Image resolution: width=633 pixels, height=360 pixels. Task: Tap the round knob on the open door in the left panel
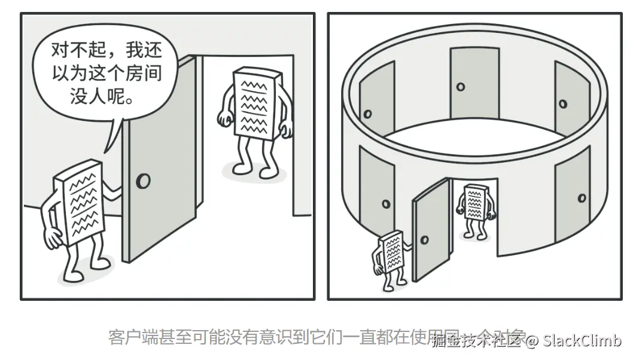(143, 181)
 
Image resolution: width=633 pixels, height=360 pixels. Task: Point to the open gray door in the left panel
(159, 161)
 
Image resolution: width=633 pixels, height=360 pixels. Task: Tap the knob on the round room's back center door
(460, 87)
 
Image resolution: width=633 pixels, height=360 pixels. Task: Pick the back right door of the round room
(571, 96)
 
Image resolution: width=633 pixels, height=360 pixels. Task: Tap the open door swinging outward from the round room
(431, 230)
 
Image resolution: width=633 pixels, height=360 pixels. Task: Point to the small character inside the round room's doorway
(476, 206)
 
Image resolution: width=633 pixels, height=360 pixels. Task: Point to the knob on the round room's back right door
(562, 103)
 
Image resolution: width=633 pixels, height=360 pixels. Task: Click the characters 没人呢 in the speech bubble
(101, 96)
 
